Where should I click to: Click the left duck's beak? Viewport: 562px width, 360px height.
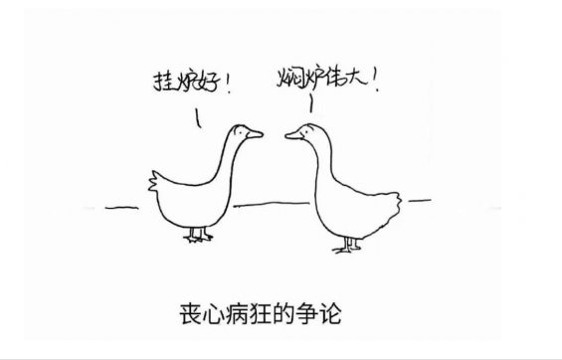tap(256, 133)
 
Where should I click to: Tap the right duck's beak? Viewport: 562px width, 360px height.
tap(291, 133)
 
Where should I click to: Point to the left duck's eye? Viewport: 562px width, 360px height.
tap(243, 130)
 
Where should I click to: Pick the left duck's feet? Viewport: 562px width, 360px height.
tap(199, 236)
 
